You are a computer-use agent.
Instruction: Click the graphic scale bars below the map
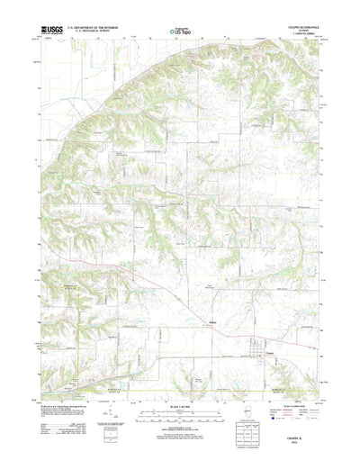pyautogui.click(x=180, y=392)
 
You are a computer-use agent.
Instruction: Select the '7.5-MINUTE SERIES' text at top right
pyautogui.click(x=289, y=35)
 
